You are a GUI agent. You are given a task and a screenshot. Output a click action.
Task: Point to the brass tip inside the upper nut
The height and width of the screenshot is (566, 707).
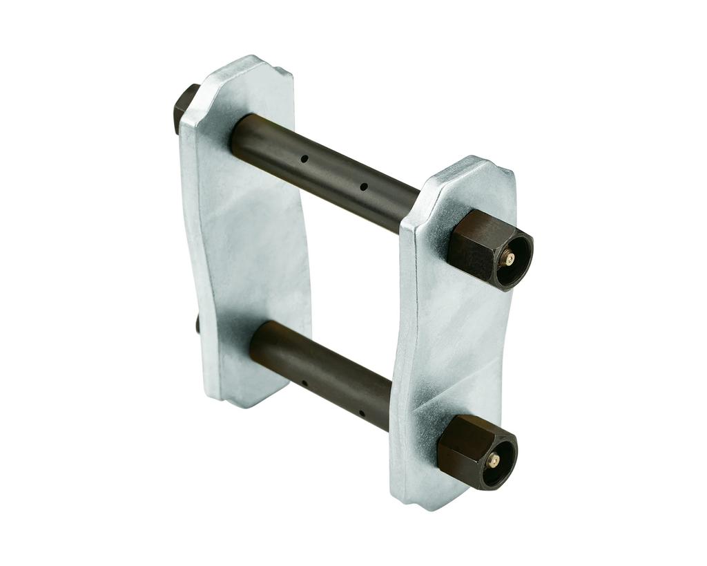point(510,259)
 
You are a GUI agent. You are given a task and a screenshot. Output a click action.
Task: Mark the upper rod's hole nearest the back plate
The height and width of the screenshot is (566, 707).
point(304,159)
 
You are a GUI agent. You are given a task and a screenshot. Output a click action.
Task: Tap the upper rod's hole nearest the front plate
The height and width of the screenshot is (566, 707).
point(363,186)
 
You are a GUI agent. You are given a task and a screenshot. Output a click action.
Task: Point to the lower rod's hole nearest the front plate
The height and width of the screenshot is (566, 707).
point(361,415)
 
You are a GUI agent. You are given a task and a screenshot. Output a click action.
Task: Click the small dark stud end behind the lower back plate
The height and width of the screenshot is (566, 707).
point(197,323)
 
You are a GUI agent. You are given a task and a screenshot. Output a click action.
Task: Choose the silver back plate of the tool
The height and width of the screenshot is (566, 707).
point(245,228)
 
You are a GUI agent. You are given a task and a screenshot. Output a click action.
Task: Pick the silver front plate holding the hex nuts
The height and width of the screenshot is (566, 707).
point(449,346)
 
